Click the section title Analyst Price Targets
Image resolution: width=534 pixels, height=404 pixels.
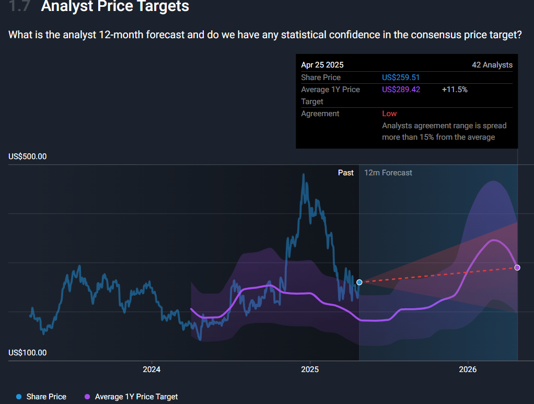tap(115, 7)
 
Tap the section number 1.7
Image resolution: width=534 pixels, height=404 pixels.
tap(20, 7)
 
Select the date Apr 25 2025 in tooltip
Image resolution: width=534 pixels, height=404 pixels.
tap(322, 65)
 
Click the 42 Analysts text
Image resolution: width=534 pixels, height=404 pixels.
tap(492, 65)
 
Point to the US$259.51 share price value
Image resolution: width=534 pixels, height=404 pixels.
tap(401, 77)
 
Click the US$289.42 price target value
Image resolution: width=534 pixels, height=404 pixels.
tap(401, 89)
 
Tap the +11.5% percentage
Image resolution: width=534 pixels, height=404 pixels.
tap(455, 89)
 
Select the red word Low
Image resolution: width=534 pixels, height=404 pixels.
tap(389, 114)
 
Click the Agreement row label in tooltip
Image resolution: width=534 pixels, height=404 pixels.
tap(320, 114)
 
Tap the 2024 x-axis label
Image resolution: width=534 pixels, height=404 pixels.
tap(152, 369)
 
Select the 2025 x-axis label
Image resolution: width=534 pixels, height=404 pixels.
tap(310, 369)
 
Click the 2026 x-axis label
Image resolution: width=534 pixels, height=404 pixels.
tap(468, 369)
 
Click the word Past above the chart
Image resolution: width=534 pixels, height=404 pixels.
tap(345, 173)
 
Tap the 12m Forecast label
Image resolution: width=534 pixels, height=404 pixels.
tap(388, 173)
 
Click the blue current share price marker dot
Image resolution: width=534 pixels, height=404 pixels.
tap(359, 282)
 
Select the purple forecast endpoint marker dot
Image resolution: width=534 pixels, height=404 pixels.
tap(517, 267)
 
